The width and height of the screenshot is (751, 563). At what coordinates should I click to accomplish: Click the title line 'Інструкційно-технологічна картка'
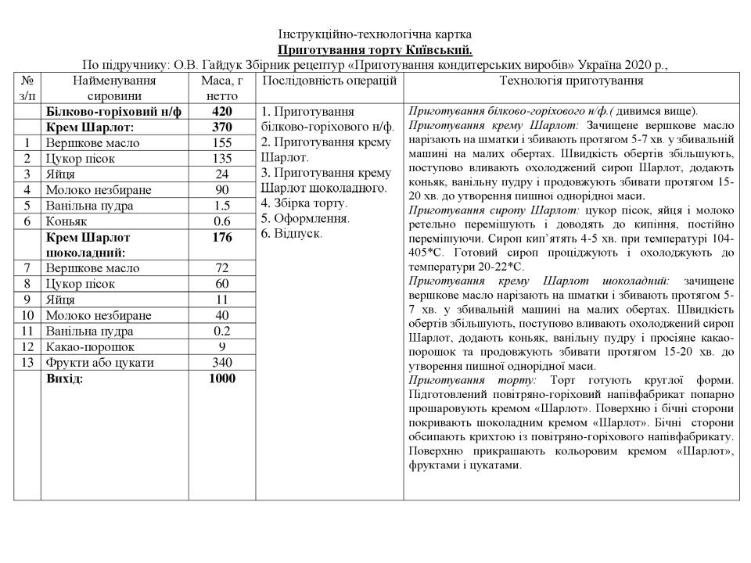point(375,35)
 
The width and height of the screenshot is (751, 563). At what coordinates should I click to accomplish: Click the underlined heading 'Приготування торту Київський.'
point(375,49)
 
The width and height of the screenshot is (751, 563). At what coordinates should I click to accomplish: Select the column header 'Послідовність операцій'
point(329,81)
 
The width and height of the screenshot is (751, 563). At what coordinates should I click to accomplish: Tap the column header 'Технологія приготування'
point(571,81)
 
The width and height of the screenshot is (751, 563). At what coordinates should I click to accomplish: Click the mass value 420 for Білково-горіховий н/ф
point(222,112)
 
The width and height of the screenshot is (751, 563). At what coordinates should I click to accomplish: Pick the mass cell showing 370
point(222,127)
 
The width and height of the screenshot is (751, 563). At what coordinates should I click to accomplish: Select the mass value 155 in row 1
point(222,143)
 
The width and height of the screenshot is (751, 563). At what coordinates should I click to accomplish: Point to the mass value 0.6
point(222,221)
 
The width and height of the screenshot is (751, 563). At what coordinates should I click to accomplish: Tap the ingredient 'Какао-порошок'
point(90,346)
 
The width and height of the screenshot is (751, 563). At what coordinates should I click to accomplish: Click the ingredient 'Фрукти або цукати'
point(99,362)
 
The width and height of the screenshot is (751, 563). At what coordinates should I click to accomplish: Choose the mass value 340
point(222,362)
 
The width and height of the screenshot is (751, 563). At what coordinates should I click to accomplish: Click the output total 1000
point(222,378)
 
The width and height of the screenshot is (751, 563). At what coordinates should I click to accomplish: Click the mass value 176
point(222,238)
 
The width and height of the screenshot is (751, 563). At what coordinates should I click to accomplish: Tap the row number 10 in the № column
point(27,315)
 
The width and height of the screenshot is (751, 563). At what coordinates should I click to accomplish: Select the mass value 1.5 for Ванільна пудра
point(222,206)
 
